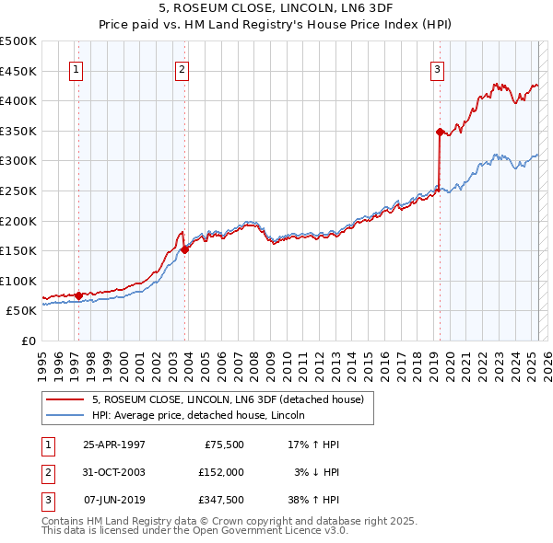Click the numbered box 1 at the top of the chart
[x=75, y=69]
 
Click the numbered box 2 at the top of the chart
[x=182, y=69]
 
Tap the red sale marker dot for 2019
[x=440, y=131]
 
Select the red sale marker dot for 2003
[x=185, y=248]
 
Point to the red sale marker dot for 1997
[x=79, y=295]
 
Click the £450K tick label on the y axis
[x=18, y=71]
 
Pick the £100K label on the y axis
[x=18, y=281]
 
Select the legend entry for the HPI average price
[x=204, y=416]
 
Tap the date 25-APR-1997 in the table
[x=114, y=444]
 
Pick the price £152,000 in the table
[x=220, y=471]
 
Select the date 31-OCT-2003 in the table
[x=114, y=471]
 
